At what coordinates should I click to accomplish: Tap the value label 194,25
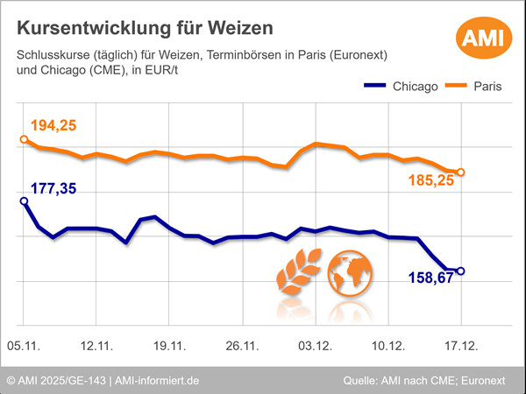[53, 126]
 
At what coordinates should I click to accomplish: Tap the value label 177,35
[53, 188]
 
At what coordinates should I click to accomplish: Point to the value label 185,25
[431, 180]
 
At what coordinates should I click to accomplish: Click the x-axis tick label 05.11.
[24, 347]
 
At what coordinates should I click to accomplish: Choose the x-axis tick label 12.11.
[96, 347]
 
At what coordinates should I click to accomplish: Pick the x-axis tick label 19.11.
[169, 347]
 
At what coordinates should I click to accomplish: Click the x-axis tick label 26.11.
[242, 347]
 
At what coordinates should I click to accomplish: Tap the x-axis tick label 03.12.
[315, 347]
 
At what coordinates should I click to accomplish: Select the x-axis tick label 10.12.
[387, 347]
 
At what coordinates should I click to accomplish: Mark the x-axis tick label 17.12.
[461, 347]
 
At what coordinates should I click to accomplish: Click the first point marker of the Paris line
[24, 139]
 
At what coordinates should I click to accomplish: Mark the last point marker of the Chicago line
[461, 271]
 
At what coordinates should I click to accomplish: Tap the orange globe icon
[350, 272]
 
